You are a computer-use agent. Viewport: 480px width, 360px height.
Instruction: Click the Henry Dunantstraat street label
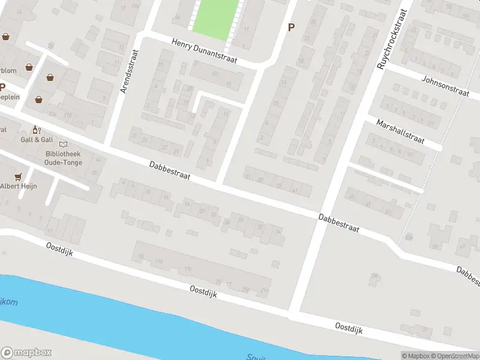(204, 52)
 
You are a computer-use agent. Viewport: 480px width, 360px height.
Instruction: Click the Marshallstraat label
(400, 131)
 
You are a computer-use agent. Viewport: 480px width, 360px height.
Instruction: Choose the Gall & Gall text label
(37, 140)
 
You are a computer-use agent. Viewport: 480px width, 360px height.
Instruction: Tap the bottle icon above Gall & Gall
(36, 130)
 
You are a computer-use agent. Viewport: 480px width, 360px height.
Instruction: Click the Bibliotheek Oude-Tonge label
(62, 158)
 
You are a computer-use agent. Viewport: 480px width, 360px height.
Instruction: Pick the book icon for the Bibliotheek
(63, 144)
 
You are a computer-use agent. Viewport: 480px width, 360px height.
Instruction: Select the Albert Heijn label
(18, 186)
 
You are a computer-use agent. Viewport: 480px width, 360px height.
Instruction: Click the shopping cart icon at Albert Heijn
(18, 176)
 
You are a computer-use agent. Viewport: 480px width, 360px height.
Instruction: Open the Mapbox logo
(26, 352)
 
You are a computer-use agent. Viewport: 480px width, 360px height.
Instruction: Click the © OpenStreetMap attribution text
(454, 356)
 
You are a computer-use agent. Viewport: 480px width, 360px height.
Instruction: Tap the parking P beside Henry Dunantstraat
(292, 27)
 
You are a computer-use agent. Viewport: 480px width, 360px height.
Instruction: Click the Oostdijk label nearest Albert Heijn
(59, 249)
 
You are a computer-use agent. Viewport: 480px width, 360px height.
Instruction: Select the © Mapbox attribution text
(415, 356)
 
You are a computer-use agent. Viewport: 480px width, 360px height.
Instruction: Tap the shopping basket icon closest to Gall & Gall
(39, 100)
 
